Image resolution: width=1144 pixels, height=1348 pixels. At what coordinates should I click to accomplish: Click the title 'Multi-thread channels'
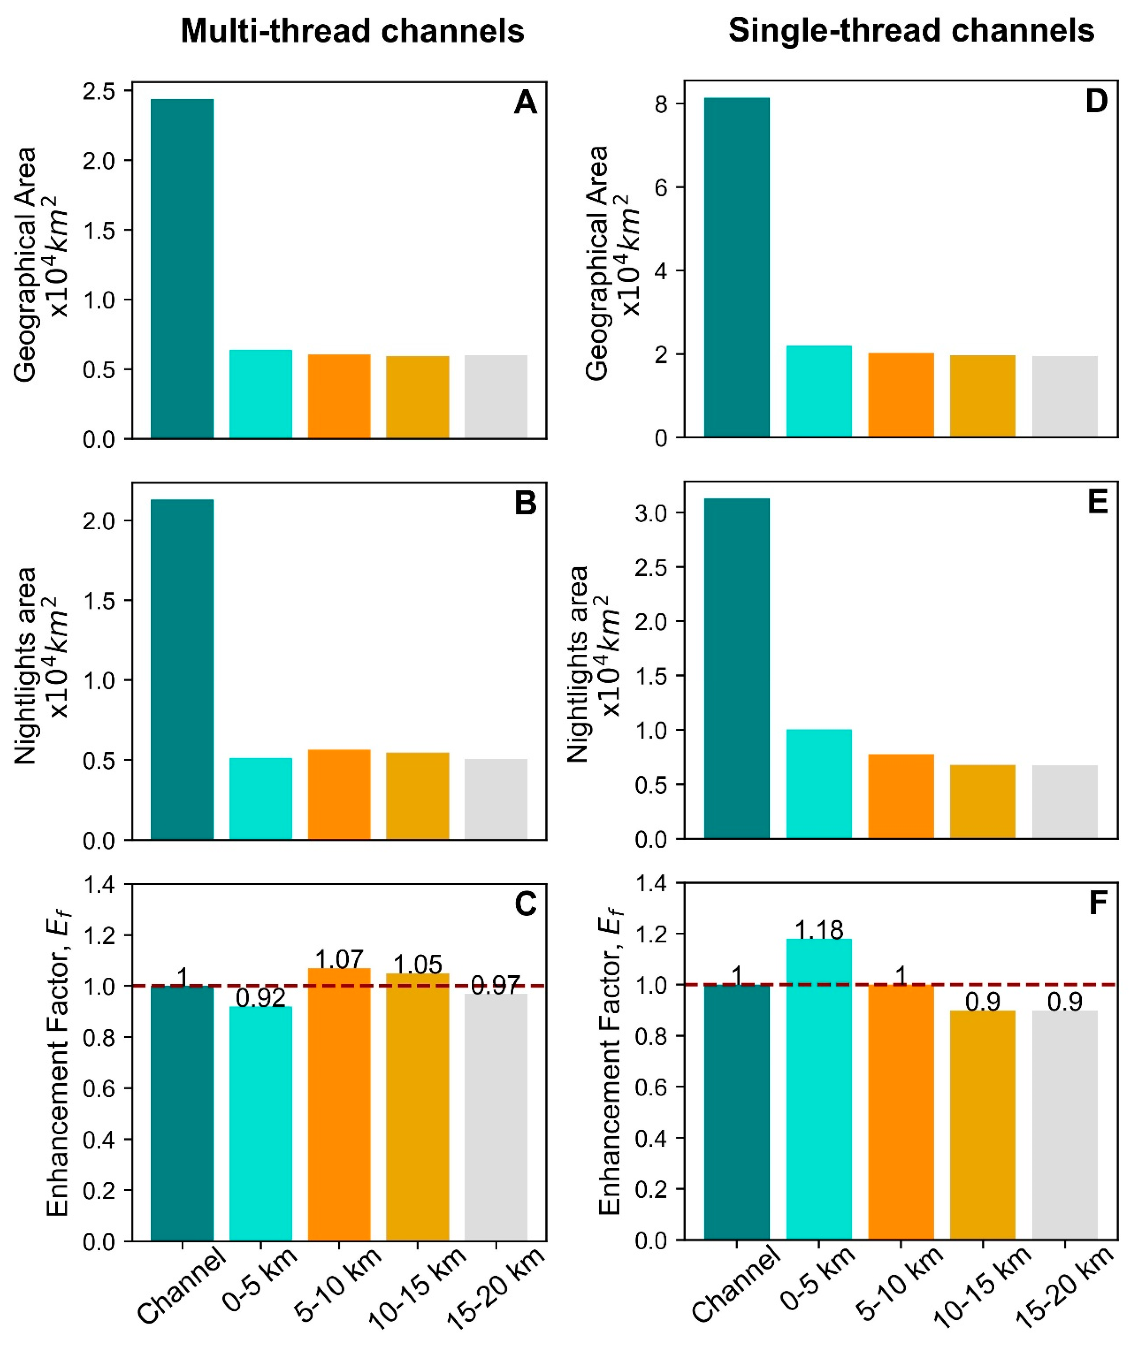(x=352, y=31)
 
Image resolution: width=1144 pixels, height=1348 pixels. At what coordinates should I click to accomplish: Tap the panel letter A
(x=525, y=103)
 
